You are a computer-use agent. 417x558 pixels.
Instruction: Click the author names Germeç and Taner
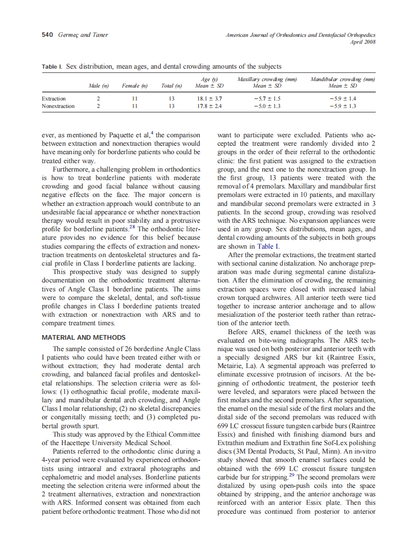[82, 35]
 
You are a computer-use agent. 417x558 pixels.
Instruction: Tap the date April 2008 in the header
[363, 42]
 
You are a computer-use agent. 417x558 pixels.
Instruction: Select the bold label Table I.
[52, 67]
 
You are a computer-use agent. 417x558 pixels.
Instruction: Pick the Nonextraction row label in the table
[58, 106]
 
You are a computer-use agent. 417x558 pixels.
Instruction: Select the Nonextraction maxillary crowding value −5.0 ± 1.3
[267, 106]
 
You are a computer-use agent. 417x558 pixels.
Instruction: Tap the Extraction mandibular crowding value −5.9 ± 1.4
[342, 98]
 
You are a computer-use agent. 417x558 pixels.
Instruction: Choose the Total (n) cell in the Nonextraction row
[171, 106]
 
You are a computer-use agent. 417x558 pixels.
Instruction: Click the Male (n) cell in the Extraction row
[99, 98]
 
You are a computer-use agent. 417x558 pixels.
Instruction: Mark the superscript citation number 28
[132, 227]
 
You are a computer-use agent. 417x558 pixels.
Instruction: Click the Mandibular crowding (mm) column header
[342, 80]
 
